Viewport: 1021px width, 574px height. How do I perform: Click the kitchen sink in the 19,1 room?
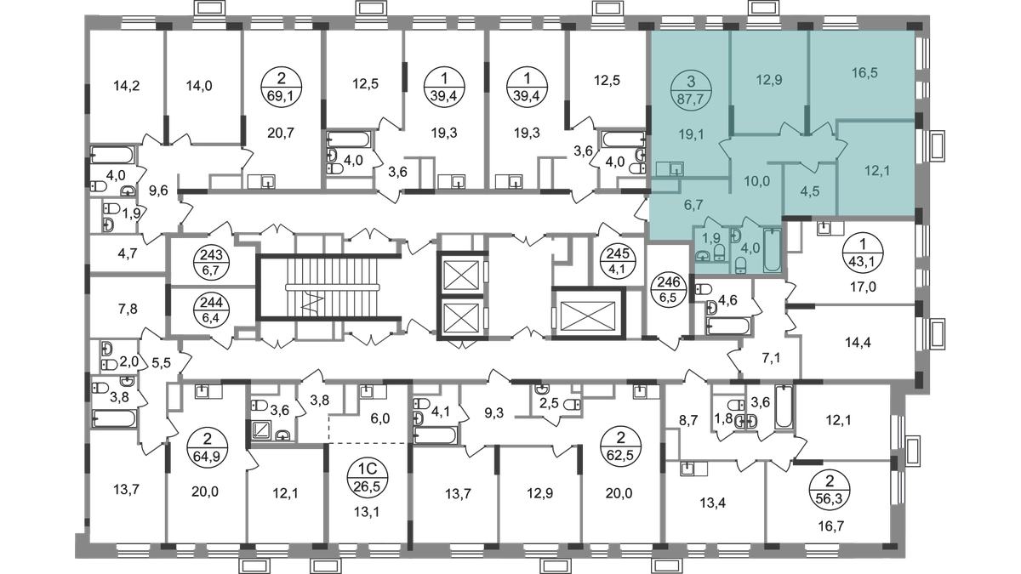(x=676, y=168)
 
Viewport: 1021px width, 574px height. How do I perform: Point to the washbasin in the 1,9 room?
(x=704, y=253)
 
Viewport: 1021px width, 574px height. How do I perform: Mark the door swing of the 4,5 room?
(x=807, y=156)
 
